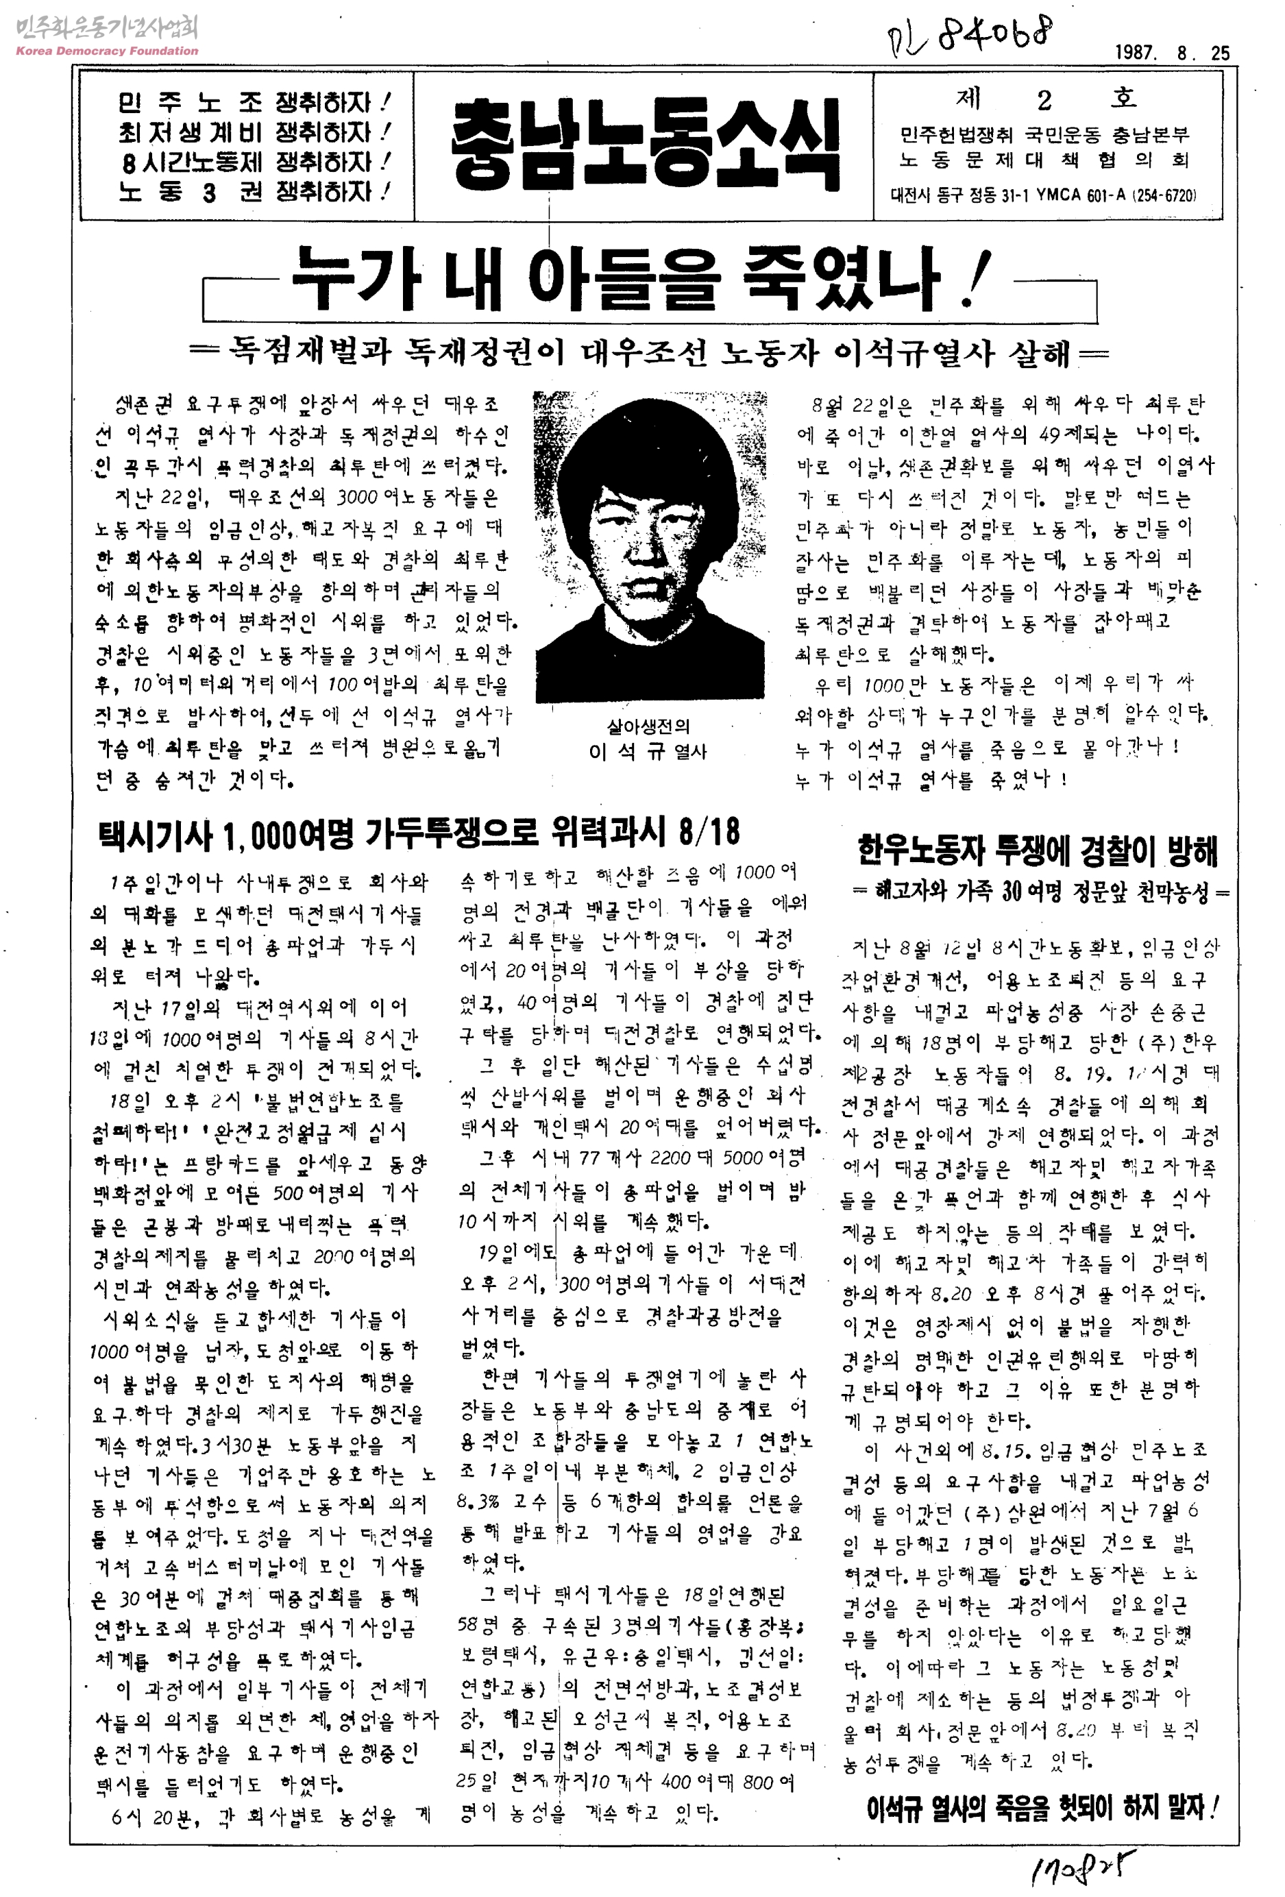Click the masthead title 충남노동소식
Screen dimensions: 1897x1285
(644, 145)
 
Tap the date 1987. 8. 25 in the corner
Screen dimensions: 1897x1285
(1171, 53)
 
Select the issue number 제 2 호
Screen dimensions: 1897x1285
(1046, 99)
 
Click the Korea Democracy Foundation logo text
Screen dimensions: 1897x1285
(107, 51)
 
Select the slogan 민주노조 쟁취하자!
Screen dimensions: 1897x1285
(254, 103)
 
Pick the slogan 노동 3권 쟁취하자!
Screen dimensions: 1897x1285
(254, 192)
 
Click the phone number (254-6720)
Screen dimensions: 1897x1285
(1164, 196)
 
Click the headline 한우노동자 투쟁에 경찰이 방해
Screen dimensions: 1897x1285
(1037, 850)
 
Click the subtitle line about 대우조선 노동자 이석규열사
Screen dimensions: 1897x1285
(648, 353)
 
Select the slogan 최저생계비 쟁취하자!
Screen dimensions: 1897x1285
(254, 132)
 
